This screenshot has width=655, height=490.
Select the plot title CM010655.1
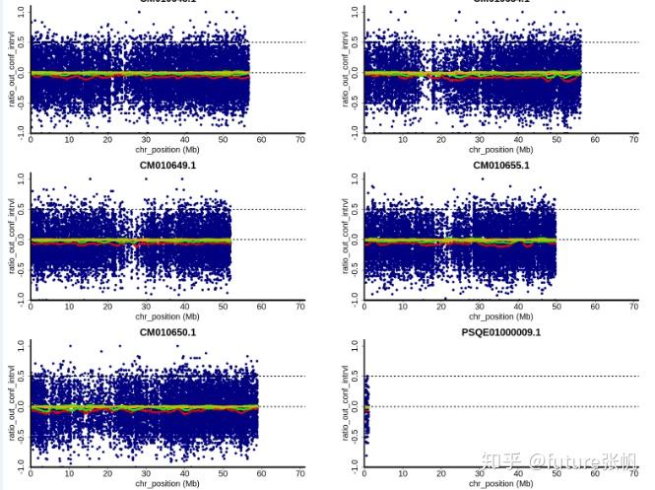click(501, 166)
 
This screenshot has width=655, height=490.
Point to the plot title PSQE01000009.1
click(501, 332)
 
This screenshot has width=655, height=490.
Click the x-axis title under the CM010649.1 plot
click(167, 317)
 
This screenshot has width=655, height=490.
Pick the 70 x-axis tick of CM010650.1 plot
click(300, 473)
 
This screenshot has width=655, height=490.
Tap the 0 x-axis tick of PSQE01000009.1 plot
click(365, 473)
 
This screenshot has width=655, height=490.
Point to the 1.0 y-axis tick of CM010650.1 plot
click(23, 347)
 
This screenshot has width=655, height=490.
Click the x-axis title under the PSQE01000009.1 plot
click(501, 484)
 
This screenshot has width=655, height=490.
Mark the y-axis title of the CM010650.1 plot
click(12, 404)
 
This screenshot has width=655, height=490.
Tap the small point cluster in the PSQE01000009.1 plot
click(366, 404)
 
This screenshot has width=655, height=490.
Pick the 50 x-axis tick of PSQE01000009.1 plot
click(557, 473)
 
